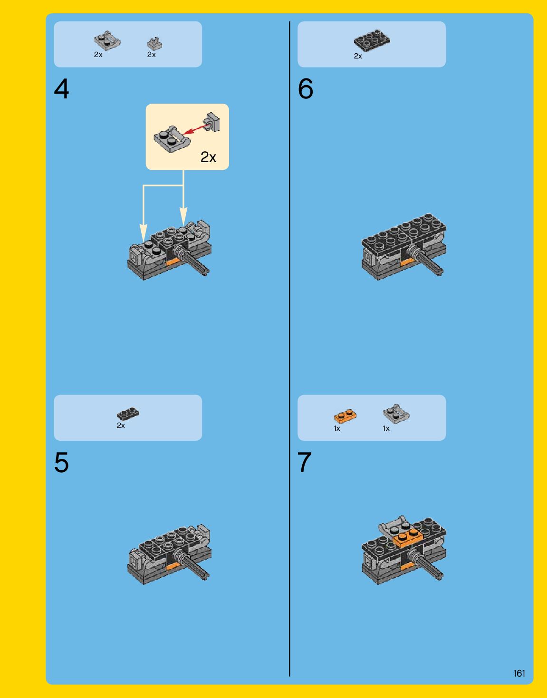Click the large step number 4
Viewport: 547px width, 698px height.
pyautogui.click(x=61, y=89)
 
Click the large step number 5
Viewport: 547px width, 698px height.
pyautogui.click(x=61, y=462)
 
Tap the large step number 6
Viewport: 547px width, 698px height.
pyautogui.click(x=305, y=89)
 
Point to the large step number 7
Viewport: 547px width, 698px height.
pyautogui.click(x=305, y=462)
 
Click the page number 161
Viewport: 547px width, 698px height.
pyautogui.click(x=519, y=673)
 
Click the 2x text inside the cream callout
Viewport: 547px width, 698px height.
pyautogui.click(x=208, y=157)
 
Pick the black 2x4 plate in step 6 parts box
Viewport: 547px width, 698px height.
pyautogui.click(x=372, y=40)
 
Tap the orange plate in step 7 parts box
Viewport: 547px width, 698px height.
pyautogui.click(x=345, y=417)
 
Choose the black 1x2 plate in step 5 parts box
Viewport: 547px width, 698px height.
pyautogui.click(x=128, y=414)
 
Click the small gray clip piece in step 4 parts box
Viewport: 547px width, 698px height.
pyautogui.click(x=155, y=44)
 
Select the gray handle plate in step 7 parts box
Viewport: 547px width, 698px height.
pyautogui.click(x=396, y=414)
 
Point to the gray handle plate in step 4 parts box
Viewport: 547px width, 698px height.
pyautogui.click(x=107, y=41)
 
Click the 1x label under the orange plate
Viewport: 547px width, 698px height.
pyautogui.click(x=337, y=428)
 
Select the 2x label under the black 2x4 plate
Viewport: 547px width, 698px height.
pyautogui.click(x=358, y=56)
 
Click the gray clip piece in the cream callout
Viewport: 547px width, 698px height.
pyautogui.click(x=211, y=122)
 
